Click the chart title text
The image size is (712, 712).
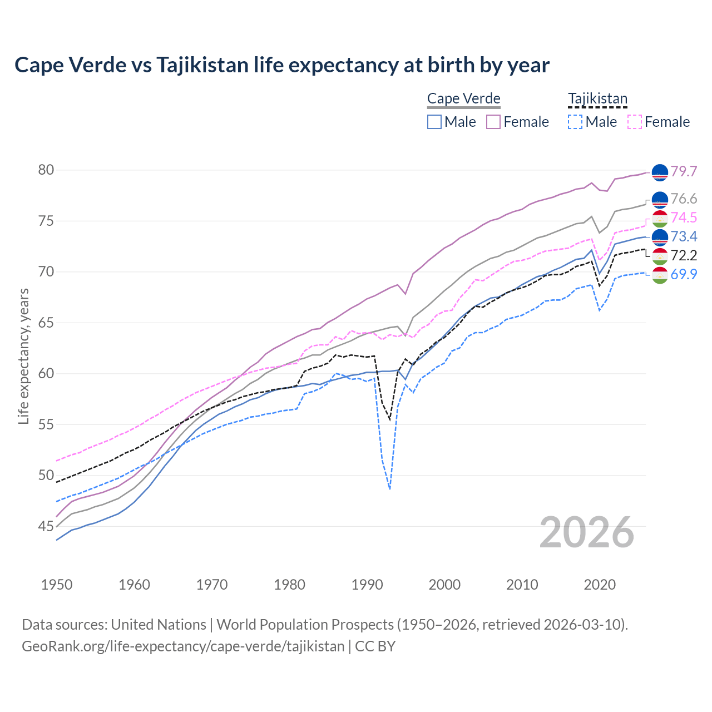point(282,65)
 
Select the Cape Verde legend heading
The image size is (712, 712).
point(463,99)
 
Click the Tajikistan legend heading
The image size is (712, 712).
point(597,99)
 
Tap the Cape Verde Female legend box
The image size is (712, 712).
point(494,122)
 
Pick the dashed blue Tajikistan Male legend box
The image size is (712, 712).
point(575,122)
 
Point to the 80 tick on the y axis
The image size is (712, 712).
point(46,170)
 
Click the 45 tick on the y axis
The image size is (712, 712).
point(46,526)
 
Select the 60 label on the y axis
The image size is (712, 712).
point(46,373)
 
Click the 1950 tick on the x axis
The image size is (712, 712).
point(57,585)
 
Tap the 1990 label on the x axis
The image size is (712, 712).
point(367,585)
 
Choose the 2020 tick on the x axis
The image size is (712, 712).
point(600,585)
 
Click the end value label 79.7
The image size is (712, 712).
point(684,172)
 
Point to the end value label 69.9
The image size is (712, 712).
point(684,274)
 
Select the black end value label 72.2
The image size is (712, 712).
point(684,255)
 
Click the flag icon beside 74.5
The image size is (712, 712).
point(660,218)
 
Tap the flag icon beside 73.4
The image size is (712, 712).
point(660,237)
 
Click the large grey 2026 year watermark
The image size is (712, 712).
point(587,533)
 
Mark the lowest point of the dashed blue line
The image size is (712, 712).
point(390,489)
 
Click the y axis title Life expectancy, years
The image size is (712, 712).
point(24,356)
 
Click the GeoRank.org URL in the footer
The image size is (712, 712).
point(183,646)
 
